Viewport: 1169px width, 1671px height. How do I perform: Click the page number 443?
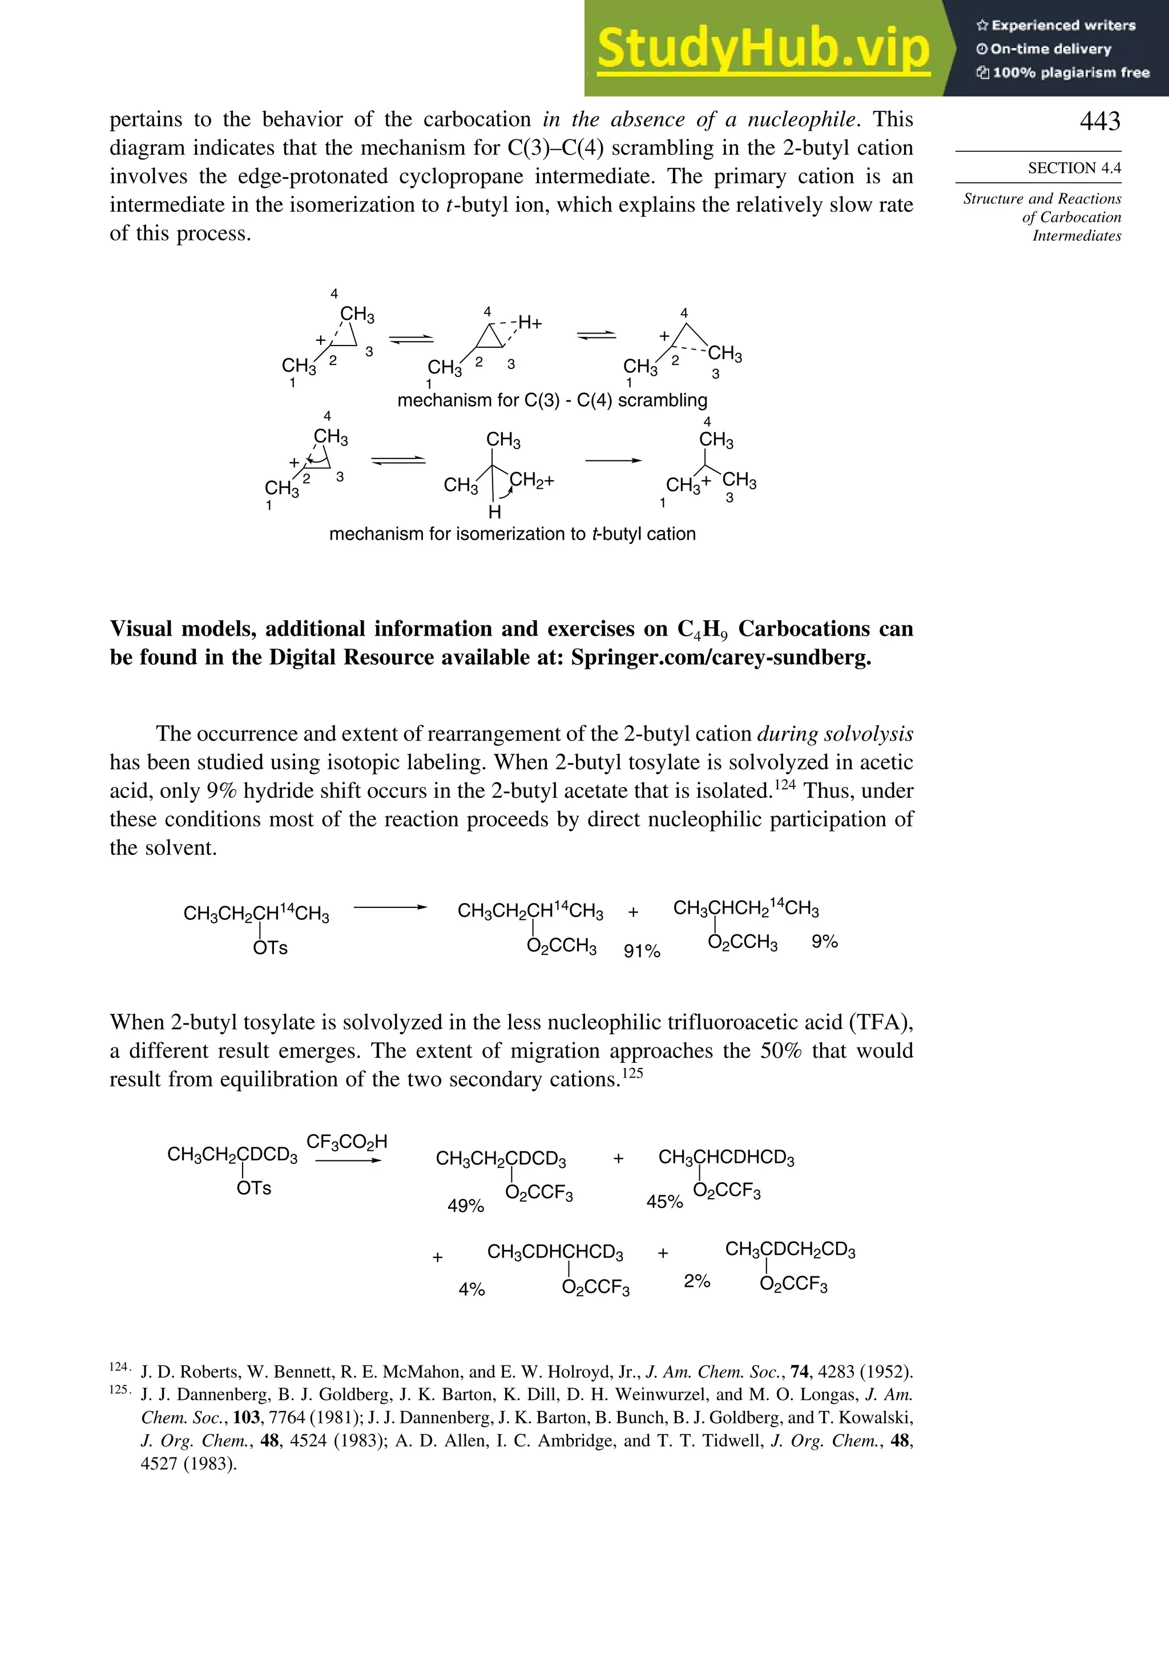click(x=1099, y=121)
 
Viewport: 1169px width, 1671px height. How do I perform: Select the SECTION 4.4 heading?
click(x=1074, y=168)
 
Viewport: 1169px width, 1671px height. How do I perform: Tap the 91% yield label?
click(x=642, y=951)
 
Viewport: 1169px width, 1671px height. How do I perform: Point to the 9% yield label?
click(x=824, y=942)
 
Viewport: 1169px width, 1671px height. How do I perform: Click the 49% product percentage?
click(x=466, y=1206)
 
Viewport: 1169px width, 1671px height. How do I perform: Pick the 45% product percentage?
click(x=664, y=1202)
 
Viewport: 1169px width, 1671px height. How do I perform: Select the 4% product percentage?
click(x=471, y=1289)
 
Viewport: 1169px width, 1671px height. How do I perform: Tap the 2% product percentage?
click(x=696, y=1281)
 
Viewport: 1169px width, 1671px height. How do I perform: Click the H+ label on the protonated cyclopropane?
click(x=530, y=323)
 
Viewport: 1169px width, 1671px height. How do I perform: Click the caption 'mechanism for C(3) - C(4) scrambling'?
click(x=552, y=400)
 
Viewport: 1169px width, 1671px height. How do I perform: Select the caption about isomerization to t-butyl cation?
click(x=512, y=533)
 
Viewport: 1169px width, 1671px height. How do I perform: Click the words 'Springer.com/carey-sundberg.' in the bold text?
click(x=720, y=657)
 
